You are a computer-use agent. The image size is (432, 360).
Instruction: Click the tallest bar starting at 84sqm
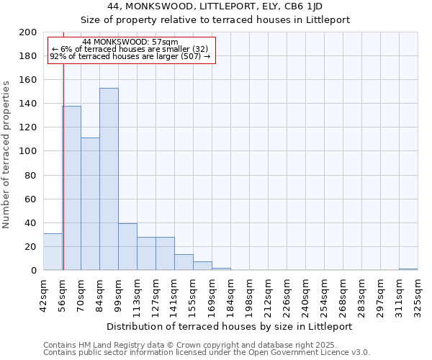coord(109,179)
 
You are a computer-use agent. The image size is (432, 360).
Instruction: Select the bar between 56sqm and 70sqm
coord(71,188)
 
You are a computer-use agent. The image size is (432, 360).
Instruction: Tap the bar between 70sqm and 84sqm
coord(90,204)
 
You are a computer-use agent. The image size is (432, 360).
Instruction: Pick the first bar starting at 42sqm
coord(53,252)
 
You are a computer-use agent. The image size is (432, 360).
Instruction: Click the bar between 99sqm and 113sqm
coord(127,247)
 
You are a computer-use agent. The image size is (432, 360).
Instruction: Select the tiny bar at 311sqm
coord(408,269)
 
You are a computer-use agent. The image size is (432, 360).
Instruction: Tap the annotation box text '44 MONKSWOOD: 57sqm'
coord(130,42)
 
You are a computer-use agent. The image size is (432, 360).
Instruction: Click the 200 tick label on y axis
coord(28,32)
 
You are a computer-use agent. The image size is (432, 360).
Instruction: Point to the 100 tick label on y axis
coord(28,151)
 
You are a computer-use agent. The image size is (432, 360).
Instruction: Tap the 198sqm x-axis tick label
coord(249,295)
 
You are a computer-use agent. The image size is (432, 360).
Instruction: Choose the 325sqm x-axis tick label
coord(418,295)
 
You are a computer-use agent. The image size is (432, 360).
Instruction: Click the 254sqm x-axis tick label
coord(324,295)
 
